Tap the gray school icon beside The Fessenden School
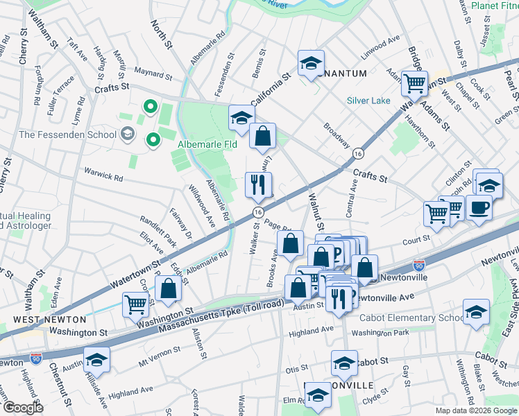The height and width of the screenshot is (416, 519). pos(127,134)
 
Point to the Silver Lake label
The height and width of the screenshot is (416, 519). pos(368,101)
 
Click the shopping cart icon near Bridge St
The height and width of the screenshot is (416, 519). pos(414,83)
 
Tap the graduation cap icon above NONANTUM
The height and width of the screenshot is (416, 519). pos(311,64)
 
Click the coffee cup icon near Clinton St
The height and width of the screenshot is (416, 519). pos(479,207)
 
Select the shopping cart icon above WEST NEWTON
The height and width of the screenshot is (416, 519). pos(136,304)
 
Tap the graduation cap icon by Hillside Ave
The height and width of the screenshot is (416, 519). pos(96,359)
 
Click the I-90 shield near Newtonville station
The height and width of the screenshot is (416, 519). pos(418,266)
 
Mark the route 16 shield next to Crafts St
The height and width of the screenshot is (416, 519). pos(357,153)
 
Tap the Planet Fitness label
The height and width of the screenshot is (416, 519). pos(494,6)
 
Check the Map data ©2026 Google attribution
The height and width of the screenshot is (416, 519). pos(475,410)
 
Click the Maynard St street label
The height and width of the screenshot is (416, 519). pos(153,74)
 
